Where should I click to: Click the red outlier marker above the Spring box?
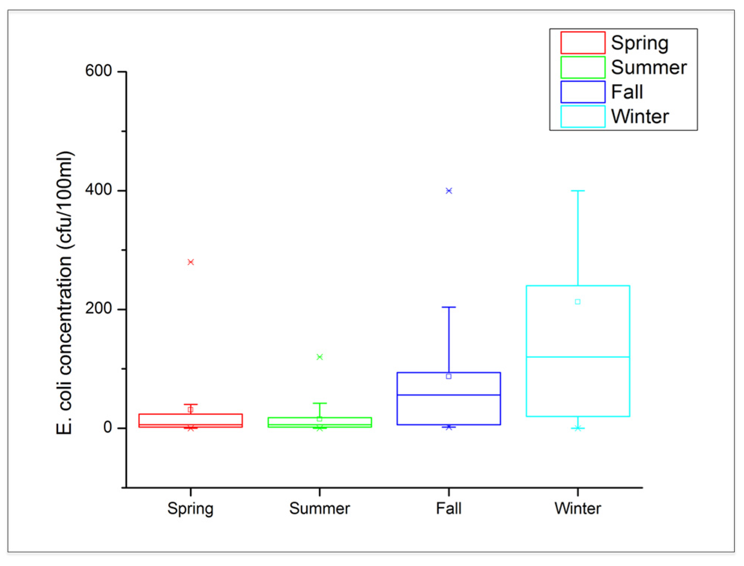click(191, 262)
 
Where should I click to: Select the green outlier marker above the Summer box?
click(320, 357)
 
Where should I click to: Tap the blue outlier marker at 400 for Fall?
click(449, 191)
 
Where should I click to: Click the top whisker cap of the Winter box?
click(578, 191)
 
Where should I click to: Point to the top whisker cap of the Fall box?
click(449, 307)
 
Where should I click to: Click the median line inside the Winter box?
click(578, 357)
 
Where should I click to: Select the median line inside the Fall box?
click(449, 395)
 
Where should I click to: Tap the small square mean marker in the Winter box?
click(578, 302)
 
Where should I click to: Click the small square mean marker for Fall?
click(449, 376)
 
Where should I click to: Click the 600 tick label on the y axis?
click(98, 71)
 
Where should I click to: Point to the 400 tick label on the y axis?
click(98, 190)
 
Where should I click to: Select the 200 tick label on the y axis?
click(98, 308)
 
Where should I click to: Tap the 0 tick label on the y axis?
click(108, 427)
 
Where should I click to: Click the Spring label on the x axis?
click(190, 509)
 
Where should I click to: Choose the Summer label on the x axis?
click(320, 509)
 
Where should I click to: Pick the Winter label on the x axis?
click(578, 509)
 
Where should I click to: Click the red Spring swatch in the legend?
click(583, 43)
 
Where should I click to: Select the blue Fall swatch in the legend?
click(583, 92)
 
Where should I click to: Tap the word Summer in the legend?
click(649, 68)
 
